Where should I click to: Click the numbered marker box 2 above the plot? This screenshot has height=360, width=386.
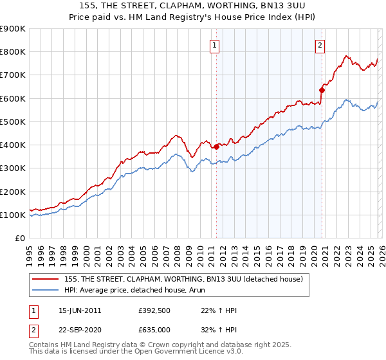[320, 45]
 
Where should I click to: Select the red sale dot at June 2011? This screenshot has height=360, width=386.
[216, 147]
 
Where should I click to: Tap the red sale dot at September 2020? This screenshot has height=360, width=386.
[322, 90]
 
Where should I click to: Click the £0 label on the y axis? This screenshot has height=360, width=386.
[19, 239]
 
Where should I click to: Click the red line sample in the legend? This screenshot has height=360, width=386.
[46, 279]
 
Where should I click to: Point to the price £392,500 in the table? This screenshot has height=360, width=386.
[154, 310]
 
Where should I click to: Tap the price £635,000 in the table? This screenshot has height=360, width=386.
[154, 329]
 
